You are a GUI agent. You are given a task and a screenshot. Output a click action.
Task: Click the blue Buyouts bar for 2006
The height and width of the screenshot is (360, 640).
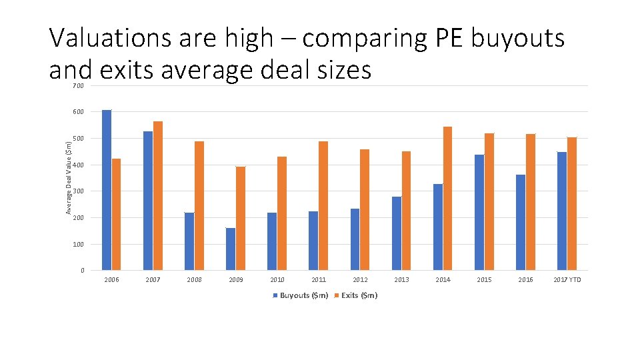(107, 190)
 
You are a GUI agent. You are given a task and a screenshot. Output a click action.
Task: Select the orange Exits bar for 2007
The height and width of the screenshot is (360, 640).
(158, 196)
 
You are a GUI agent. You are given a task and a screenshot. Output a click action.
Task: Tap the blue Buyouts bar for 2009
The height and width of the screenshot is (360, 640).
(231, 249)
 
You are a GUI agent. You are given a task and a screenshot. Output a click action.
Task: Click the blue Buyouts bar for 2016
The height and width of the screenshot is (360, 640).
(521, 222)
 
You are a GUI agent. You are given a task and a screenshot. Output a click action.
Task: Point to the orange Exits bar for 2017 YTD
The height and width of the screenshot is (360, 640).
(572, 203)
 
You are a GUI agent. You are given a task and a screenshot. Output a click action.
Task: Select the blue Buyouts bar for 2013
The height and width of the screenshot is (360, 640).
(397, 233)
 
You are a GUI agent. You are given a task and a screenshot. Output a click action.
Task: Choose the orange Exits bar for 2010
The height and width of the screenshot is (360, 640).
(282, 213)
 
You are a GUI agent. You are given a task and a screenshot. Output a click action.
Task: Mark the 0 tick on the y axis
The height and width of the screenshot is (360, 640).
(82, 271)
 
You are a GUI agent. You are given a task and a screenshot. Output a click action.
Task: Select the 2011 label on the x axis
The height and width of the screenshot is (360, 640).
(319, 280)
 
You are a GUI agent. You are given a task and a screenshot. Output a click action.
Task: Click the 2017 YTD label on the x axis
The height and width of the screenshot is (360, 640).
(567, 280)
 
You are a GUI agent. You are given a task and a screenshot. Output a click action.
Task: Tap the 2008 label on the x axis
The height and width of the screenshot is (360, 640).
(194, 280)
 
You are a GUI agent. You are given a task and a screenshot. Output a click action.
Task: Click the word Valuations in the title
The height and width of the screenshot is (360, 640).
(111, 39)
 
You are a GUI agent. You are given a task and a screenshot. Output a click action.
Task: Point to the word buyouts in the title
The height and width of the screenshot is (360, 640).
(517, 39)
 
